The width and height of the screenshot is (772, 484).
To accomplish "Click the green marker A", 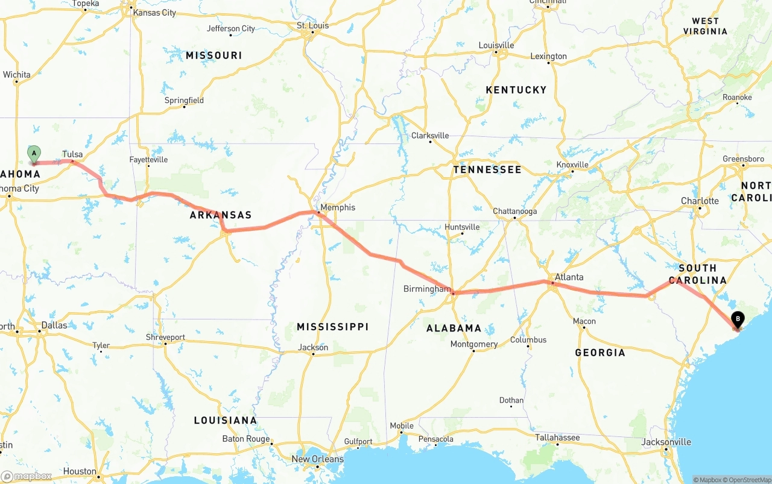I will coord(34,154).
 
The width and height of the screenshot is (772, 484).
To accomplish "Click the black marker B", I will coord(737,320).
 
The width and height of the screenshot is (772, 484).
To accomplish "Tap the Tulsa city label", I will coord(72,154).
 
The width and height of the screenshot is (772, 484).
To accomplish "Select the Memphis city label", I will coord(338,207).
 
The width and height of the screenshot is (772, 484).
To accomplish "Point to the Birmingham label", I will coord(426,289).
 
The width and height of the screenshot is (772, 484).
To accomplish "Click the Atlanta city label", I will coord(569,277).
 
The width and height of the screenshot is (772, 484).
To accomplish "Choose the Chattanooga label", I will coord(514,212).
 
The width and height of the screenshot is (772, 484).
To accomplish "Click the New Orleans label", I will coord(317,459).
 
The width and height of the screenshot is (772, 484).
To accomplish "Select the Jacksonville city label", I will coord(666,442).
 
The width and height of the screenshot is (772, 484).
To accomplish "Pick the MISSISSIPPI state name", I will coord(332,327).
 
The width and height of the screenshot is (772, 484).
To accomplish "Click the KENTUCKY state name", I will coord(516,90).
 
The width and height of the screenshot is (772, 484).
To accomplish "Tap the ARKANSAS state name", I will coord(220,215).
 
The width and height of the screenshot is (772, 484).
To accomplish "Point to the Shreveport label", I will coord(165,337).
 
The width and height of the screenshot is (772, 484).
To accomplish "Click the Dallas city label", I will coord(54,325).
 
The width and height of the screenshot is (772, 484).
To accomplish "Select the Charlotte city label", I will coord(700,201).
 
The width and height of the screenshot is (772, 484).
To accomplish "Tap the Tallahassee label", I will coord(557,438).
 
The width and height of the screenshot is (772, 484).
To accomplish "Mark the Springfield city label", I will coord(184,101).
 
